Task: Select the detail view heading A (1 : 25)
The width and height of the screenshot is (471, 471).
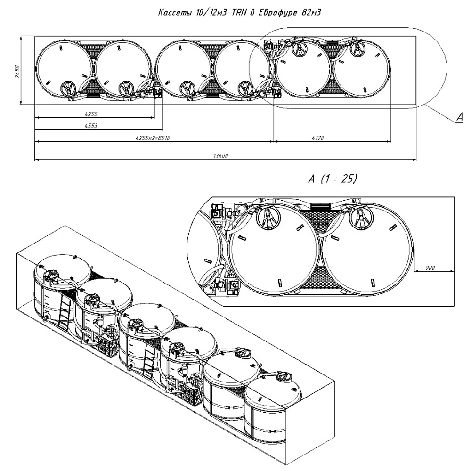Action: [x=332, y=179]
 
